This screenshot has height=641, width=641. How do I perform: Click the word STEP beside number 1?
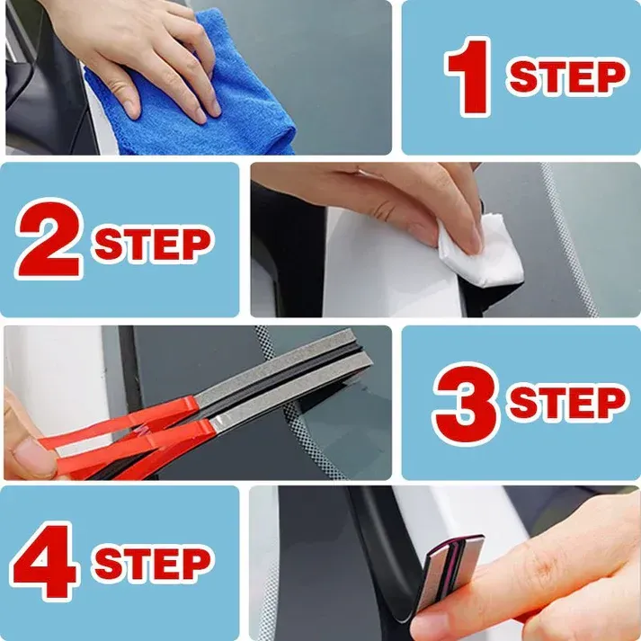[566, 77]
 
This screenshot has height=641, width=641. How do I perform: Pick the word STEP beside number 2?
[152, 243]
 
